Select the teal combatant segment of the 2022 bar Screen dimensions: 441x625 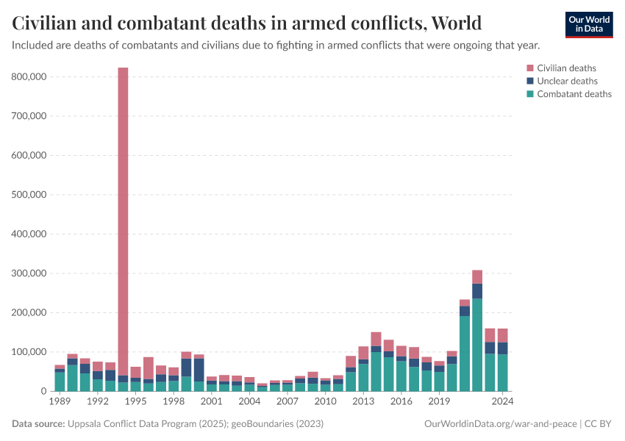[x=477, y=345]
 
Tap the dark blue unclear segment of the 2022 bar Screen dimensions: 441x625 [x=477, y=291]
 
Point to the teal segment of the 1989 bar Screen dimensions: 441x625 [x=60, y=381]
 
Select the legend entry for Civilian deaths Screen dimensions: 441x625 [x=566, y=68]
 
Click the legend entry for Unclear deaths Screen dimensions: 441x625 [x=567, y=81]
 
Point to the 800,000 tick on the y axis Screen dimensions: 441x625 [x=30, y=76]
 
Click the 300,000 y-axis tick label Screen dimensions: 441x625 [x=30, y=273]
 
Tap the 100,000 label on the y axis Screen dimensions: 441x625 [x=30, y=352]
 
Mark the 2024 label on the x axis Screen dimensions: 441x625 [x=502, y=402]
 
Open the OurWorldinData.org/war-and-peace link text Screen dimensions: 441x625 [x=501, y=424]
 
